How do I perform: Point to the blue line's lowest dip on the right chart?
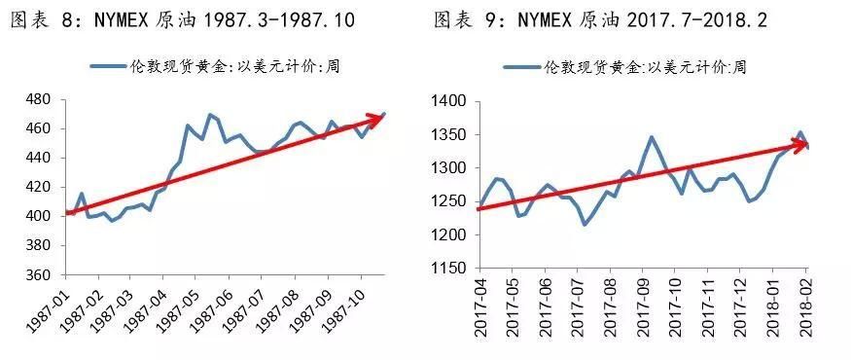coord(585,225)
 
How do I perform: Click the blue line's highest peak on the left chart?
coord(209,115)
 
